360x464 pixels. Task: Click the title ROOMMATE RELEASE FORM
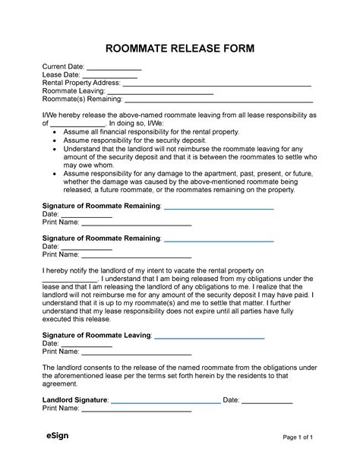[x=180, y=49]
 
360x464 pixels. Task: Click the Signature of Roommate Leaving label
[x=96, y=335]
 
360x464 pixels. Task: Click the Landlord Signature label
[x=74, y=399]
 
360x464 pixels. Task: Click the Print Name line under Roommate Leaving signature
[x=136, y=352]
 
